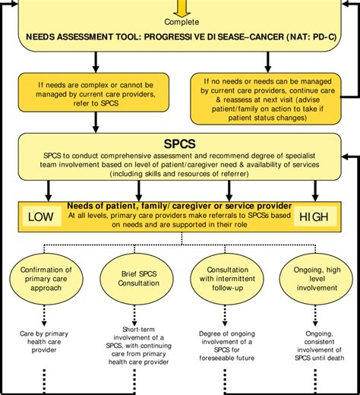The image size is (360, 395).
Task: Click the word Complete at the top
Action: [179, 23]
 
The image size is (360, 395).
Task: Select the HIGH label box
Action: [314, 218]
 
